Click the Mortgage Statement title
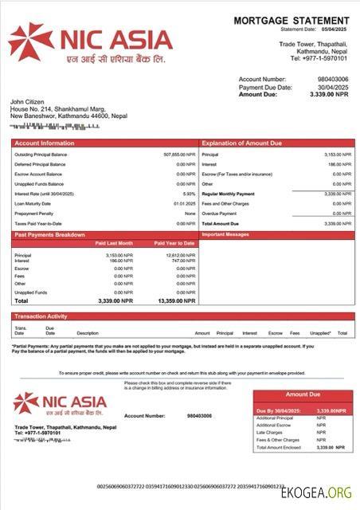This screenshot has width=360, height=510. coord(292,20)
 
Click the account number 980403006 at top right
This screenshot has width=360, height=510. coord(333,80)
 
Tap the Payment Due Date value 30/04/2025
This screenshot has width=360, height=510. coord(333,87)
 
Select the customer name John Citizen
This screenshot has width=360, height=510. coord(28,102)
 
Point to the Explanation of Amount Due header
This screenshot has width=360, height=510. coord(243,143)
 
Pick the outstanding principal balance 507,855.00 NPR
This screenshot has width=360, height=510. coord(179,154)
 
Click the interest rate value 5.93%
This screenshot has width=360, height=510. coord(189,194)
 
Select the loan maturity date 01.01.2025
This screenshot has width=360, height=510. coord(184,203)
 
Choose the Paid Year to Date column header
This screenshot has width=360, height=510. coord(174,243)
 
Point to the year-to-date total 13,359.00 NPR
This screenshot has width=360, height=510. coord(176,301)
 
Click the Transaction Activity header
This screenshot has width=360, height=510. coord(41,316)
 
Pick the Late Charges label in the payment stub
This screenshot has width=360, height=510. coord(270,432)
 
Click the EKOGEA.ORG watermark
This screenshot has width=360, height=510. coord(317,493)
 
